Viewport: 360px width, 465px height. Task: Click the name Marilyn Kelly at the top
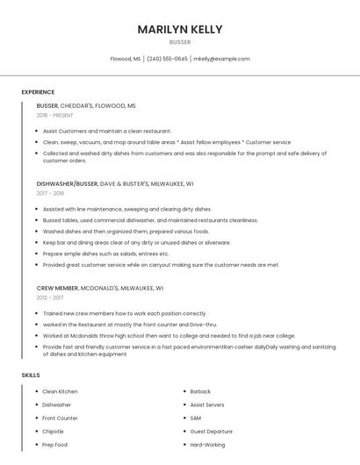tap(179, 29)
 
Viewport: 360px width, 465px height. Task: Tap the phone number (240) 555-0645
tap(167, 59)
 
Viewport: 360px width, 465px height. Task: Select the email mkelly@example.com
tap(221, 59)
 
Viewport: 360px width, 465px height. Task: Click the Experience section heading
tap(38, 92)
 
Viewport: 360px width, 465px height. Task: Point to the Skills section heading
tap(31, 376)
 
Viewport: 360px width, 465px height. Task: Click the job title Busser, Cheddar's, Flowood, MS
tap(86, 105)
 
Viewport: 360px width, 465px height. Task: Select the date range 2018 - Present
tap(54, 115)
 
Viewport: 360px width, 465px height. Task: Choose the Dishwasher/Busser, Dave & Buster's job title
tap(115, 184)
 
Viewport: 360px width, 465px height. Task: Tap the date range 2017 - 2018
tap(50, 193)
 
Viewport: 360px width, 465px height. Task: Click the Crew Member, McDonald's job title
tap(99, 288)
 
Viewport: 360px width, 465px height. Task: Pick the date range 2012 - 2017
tap(50, 297)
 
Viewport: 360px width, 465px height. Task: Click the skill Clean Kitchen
tap(61, 391)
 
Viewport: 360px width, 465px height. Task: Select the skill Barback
tap(200, 391)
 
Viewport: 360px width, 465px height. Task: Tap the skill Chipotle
tap(54, 432)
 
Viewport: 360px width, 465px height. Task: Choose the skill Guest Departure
tap(212, 432)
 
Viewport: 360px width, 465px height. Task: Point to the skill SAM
tap(196, 418)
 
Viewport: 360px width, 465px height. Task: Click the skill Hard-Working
tap(208, 445)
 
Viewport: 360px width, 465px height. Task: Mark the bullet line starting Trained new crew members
tap(125, 313)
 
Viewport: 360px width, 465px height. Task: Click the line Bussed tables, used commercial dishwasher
tap(150, 220)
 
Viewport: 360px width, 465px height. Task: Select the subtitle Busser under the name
tap(179, 41)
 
